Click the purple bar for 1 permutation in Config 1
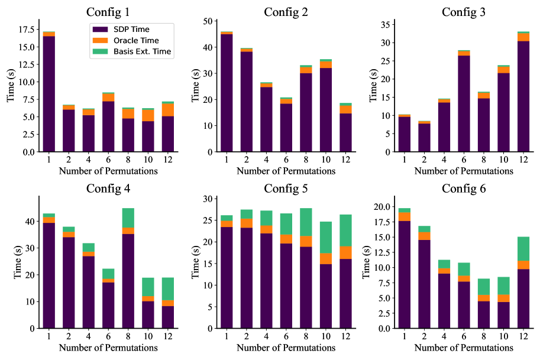[x=48, y=94]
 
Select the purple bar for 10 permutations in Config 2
[x=325, y=109]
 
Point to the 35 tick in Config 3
[x=385, y=25]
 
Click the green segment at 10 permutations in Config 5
[x=325, y=237]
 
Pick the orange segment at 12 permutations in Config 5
[x=345, y=252]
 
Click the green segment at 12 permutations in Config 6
[x=523, y=248]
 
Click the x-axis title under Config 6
[x=464, y=348]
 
